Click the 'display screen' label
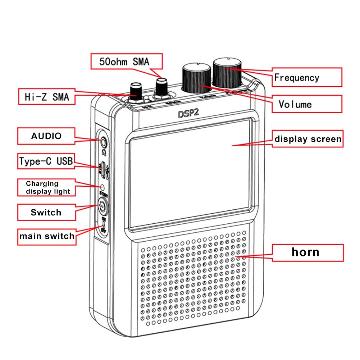pyautogui.click(x=307, y=139)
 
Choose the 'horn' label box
pyautogui.click(x=305, y=252)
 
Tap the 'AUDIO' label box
pyautogui.click(x=46, y=136)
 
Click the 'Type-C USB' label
pyautogui.click(x=46, y=161)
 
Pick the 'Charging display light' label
pyautogui.click(x=47, y=187)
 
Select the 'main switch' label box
pyautogui.click(x=47, y=236)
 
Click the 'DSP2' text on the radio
pyautogui.click(x=188, y=114)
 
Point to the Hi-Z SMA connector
pyautogui.click(x=136, y=92)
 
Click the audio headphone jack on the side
pyautogui.click(x=104, y=142)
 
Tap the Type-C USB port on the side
pyautogui.click(x=103, y=169)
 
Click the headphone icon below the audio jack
pyautogui.click(x=104, y=152)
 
